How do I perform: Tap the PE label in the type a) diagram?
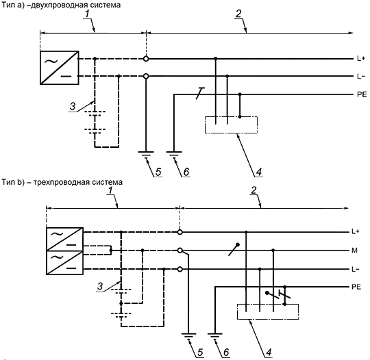[x=362, y=94]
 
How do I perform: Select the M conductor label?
[x=355, y=250]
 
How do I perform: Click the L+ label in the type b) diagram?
[x=356, y=232]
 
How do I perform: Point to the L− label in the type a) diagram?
[x=361, y=77]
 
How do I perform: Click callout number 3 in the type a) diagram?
[x=73, y=106]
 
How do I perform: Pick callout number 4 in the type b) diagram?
[x=269, y=352]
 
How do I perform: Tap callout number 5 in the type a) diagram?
[x=158, y=172]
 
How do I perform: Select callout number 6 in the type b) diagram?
[x=226, y=352]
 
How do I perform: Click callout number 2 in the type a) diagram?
[x=238, y=14]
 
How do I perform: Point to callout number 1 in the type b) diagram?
[x=110, y=190]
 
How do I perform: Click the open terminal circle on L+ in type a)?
[x=146, y=59]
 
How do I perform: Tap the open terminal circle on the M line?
[x=180, y=250]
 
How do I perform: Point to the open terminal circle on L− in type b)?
[x=180, y=269]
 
